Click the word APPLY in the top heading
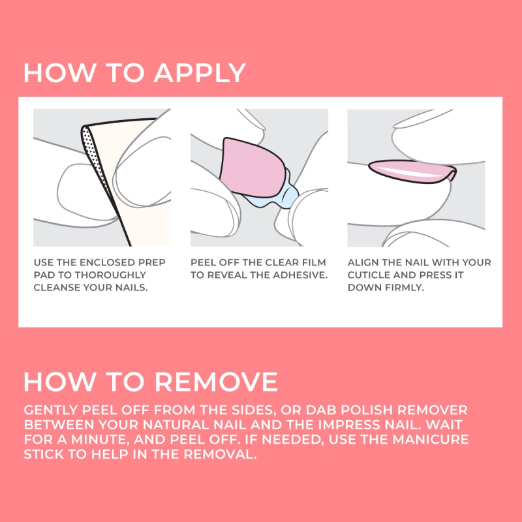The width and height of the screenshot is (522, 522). pyautogui.click(x=200, y=72)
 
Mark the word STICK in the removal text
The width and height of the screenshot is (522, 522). pyautogui.click(x=46, y=455)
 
